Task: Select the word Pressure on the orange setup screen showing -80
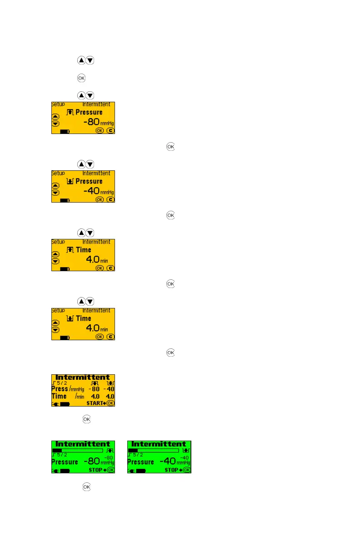coord(89,112)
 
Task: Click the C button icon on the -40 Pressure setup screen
coord(110,199)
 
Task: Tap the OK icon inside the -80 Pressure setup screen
coord(100,130)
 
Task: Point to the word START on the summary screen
coord(95,403)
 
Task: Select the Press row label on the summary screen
coord(59,388)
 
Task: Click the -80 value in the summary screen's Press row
coord(94,389)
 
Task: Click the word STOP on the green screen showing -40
coord(171,470)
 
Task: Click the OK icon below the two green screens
coord(86,486)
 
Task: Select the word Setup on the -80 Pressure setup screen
coord(58,104)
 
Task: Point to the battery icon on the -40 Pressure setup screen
coord(65,200)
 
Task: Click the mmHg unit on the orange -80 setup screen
coord(107,124)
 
